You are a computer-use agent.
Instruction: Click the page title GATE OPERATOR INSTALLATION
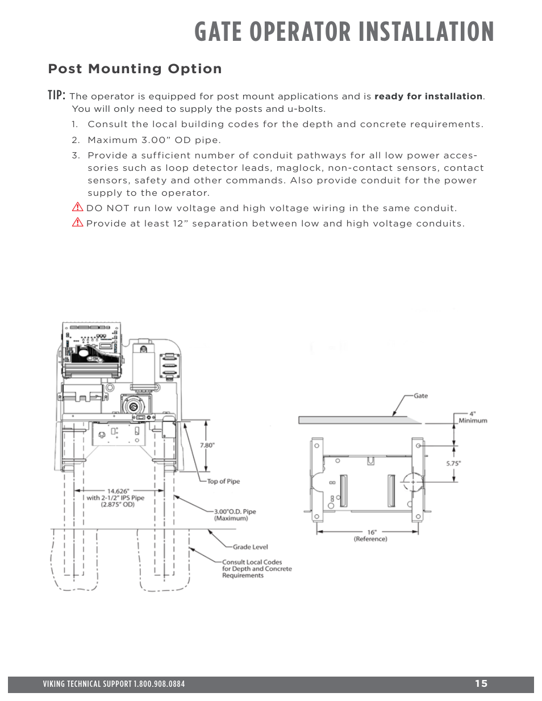pos(344,32)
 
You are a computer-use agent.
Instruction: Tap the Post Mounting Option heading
pos(135,69)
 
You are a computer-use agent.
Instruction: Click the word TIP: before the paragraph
pos(57,95)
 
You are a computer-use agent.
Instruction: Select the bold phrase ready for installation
pos(428,96)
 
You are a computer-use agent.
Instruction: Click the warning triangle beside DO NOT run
pos(78,208)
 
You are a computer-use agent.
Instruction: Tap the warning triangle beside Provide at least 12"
pos(78,223)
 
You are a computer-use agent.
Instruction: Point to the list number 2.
pos(75,140)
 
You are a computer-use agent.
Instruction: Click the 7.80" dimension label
pos(207,445)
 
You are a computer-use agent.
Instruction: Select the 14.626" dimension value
pos(118,491)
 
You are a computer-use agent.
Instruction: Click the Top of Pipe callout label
pos(223,481)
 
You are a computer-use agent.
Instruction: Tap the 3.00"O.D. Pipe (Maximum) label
pos(235,514)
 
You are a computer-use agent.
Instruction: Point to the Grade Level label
pos(250,547)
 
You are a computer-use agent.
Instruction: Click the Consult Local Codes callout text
pos(256,568)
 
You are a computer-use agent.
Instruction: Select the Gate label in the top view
pos(420,396)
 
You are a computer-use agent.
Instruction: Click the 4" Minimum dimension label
pos(473,417)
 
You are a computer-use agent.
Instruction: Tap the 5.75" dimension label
pos(453,463)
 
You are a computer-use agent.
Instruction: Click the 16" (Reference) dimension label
pos(370,536)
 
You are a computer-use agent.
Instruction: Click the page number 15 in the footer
pos(481,684)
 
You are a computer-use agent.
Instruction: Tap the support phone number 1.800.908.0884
pos(159,684)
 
